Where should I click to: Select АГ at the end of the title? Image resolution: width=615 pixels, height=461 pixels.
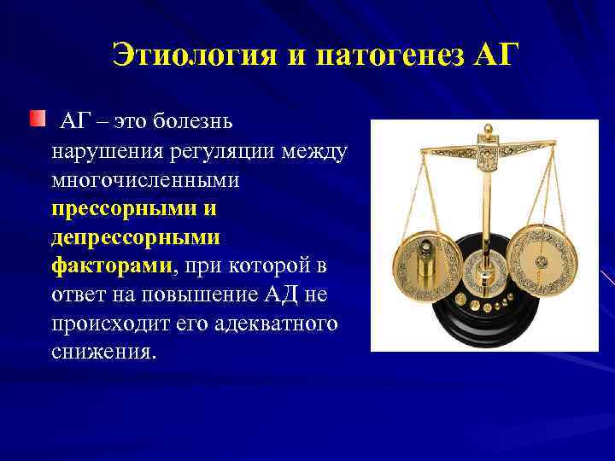point(495,57)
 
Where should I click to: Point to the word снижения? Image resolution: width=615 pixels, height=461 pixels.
point(103,352)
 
